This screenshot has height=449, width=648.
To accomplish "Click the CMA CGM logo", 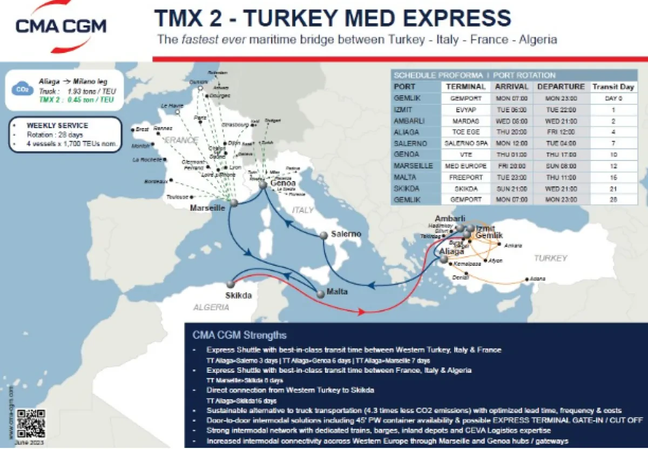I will click(x=60, y=25).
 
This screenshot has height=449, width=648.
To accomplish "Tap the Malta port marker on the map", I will click(x=321, y=294).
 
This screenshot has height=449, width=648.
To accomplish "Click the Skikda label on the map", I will click(x=238, y=296).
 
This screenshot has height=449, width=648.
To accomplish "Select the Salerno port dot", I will click(x=324, y=236).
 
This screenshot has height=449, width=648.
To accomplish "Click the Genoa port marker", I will click(x=262, y=185).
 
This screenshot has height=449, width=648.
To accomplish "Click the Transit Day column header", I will click(x=613, y=86).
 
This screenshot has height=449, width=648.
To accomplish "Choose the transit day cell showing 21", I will click(x=613, y=188).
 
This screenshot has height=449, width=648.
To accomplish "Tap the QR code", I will click(x=30, y=423).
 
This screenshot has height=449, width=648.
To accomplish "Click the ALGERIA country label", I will click(x=211, y=307).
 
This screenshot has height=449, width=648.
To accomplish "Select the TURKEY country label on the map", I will click(x=550, y=258).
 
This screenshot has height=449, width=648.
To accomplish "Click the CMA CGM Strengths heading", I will click(x=240, y=335).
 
